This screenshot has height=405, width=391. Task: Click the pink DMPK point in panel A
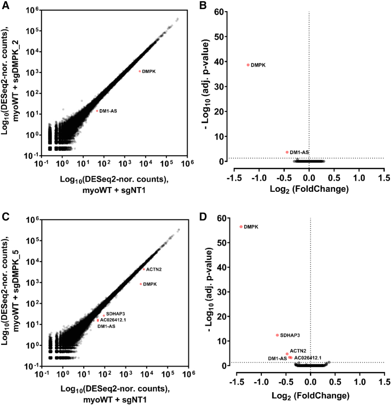point(140,71)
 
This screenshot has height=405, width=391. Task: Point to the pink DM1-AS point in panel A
point(98,111)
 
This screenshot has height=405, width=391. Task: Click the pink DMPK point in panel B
point(248,65)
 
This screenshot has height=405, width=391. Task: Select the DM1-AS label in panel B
point(299,152)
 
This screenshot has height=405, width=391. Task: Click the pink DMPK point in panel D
point(241,226)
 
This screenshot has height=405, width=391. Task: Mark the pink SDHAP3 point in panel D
point(277,335)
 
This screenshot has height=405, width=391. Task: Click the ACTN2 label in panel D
point(298,350)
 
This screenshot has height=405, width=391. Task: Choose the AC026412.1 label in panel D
point(308,358)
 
